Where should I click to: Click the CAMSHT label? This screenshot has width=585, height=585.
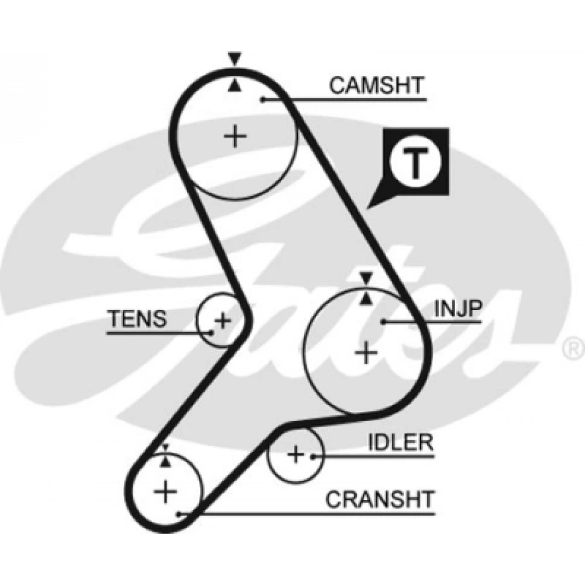tap(376, 85)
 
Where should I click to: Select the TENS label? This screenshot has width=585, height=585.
tap(138, 319)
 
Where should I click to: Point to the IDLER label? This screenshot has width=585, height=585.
tap(400, 443)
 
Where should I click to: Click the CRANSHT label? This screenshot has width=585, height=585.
tap(380, 499)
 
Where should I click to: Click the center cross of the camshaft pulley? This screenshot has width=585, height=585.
tap(235, 136)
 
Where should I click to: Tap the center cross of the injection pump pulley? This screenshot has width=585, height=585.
tap(367, 352)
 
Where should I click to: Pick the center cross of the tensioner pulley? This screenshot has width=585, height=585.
tap(223, 320)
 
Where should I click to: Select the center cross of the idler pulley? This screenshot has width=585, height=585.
tap(296, 454)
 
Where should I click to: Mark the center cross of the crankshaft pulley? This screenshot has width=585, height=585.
tap(166, 491)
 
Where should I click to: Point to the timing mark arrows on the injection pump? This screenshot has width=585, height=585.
tap(367, 288)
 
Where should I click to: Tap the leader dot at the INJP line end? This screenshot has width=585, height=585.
tap(384, 322)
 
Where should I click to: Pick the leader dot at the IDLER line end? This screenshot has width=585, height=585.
tap(313, 456)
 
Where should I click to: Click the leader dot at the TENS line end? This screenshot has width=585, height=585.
tap(210, 333)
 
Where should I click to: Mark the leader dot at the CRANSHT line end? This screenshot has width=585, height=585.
tap(180, 514)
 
